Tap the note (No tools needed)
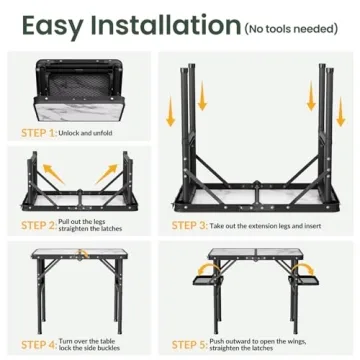coord(291,28)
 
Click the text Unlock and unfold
coord(85,133)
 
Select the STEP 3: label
coord(191,225)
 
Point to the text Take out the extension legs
coord(257,225)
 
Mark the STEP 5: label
coord(191,344)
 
